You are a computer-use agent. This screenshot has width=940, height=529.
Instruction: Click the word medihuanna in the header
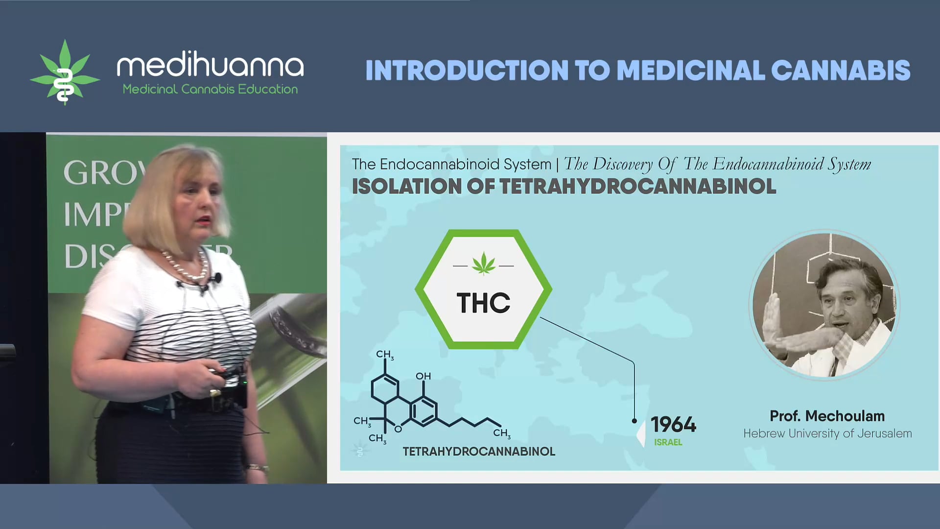pyautogui.click(x=210, y=66)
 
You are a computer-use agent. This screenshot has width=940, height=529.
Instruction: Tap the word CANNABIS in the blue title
pyautogui.click(x=841, y=71)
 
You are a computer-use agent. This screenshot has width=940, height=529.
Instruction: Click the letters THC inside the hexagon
pyautogui.click(x=483, y=303)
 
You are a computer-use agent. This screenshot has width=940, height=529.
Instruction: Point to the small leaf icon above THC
pyautogui.click(x=484, y=264)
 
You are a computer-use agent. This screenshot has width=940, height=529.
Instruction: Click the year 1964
pyautogui.click(x=673, y=425)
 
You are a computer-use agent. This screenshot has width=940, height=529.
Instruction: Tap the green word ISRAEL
pyautogui.click(x=668, y=442)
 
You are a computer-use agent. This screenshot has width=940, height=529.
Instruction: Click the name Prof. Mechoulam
pyautogui.click(x=827, y=416)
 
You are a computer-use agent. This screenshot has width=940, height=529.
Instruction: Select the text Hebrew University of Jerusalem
pyautogui.click(x=827, y=433)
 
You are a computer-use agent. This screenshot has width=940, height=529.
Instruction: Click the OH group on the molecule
pyautogui.click(x=423, y=376)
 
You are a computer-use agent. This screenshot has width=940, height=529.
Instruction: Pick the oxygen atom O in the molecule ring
pyautogui.click(x=398, y=429)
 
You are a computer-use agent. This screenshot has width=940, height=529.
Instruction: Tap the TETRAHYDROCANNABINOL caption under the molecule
pyautogui.click(x=479, y=452)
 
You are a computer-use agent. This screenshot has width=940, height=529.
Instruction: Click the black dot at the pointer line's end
pyautogui.click(x=634, y=421)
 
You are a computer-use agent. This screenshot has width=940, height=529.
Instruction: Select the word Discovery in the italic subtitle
pyautogui.click(x=623, y=164)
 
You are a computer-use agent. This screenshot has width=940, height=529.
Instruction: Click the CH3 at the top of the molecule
pyautogui.click(x=385, y=355)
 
